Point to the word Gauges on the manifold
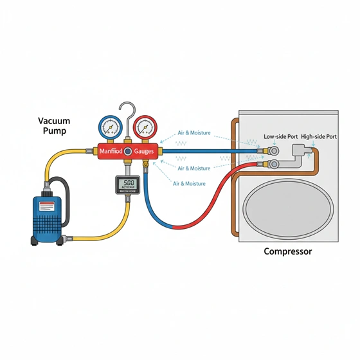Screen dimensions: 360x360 point(148,152)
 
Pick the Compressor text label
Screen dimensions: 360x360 point(287,251)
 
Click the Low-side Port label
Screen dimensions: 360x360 point(280,137)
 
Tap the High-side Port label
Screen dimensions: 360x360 point(319,137)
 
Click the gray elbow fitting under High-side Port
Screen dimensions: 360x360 point(300,152)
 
